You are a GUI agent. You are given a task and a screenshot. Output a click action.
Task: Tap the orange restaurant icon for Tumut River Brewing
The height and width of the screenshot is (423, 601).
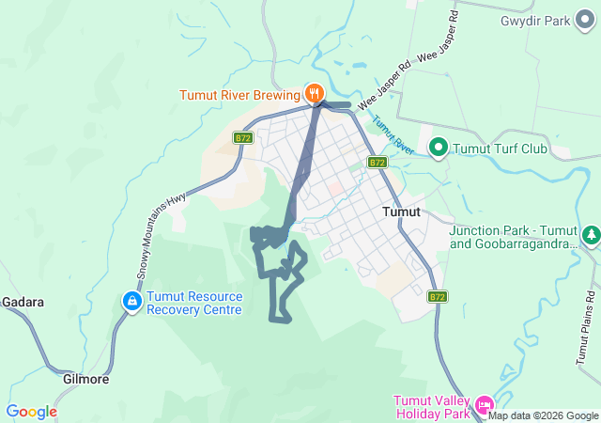314,93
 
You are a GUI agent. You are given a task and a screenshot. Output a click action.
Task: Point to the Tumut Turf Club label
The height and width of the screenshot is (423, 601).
500,148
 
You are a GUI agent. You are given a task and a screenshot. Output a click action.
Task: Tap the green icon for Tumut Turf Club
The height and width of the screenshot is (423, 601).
438,147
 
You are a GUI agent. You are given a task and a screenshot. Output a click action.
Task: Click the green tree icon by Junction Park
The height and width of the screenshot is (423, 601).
591,235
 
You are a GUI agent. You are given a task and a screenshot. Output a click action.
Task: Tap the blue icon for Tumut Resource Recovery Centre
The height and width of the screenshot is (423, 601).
131,302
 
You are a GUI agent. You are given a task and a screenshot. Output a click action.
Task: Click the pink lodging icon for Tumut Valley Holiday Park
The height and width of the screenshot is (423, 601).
485,406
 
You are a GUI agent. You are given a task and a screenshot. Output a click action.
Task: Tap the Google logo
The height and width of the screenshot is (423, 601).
31,412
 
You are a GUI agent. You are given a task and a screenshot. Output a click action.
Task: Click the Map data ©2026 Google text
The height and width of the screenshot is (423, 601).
543,415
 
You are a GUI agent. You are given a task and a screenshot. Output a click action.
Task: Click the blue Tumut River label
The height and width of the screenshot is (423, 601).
393,135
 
